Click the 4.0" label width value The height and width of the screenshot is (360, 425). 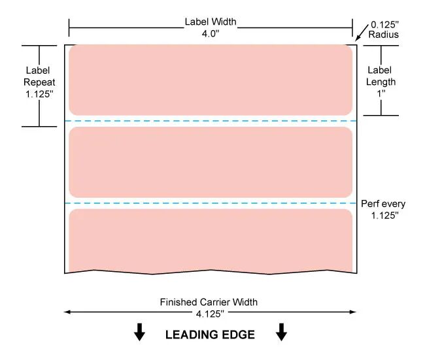pyautogui.click(x=211, y=33)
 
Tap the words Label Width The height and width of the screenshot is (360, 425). pyautogui.click(x=211, y=22)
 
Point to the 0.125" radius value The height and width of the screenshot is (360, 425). pyautogui.click(x=384, y=25)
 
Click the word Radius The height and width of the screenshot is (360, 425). pyautogui.click(x=384, y=35)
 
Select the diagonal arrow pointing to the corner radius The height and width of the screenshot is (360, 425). pyautogui.click(x=362, y=33)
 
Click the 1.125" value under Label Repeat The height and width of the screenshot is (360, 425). pyautogui.click(x=39, y=94)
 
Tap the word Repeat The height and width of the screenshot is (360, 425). pyautogui.click(x=39, y=82)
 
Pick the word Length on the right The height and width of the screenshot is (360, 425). pyautogui.click(x=381, y=82)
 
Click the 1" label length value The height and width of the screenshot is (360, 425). pyautogui.click(x=381, y=93)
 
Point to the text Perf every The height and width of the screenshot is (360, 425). pyautogui.click(x=383, y=204)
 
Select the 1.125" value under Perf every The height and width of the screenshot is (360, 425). pyautogui.click(x=385, y=216)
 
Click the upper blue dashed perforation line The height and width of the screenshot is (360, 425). pyautogui.click(x=211, y=121)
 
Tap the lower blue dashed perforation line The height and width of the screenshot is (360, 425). pyautogui.click(x=211, y=203)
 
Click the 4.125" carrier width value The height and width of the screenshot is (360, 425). pyautogui.click(x=210, y=314)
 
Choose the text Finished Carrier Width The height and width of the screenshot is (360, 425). pyautogui.click(x=209, y=302)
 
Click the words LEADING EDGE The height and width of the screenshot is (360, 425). pyautogui.click(x=210, y=335)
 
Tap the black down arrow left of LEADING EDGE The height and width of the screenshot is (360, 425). pyautogui.click(x=139, y=332)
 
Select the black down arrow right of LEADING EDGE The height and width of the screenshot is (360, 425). pyautogui.click(x=281, y=332)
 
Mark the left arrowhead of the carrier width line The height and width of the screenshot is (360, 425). pyautogui.click(x=67, y=312)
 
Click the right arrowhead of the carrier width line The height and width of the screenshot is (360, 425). pyautogui.click(x=353, y=312)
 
